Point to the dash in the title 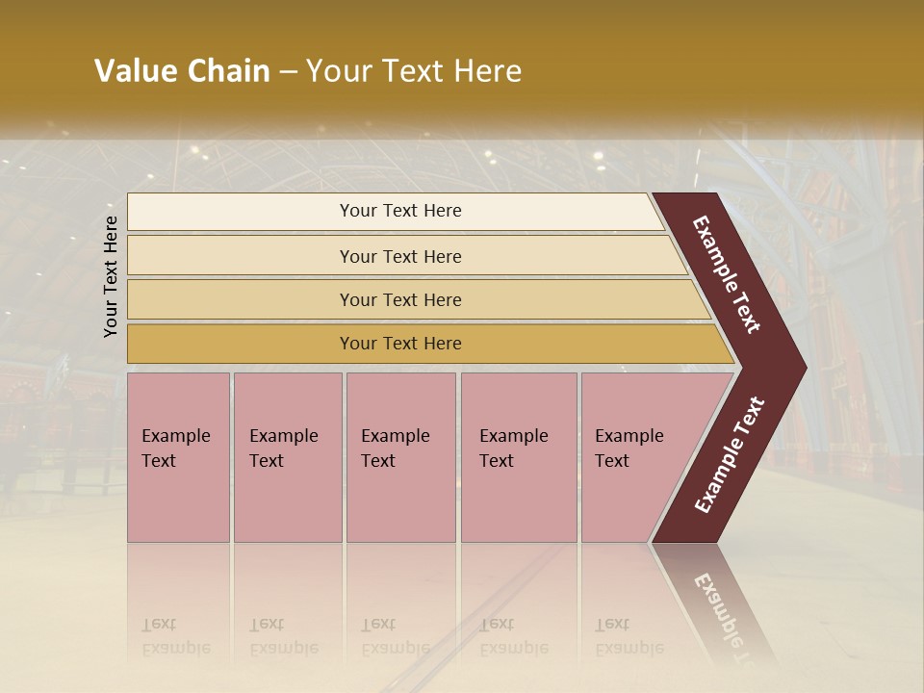288,72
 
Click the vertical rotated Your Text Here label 111,276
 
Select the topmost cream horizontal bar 395,212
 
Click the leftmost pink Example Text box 178,457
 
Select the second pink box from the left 287,457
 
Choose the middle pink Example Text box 400,457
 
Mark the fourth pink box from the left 519,457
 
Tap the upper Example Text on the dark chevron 727,274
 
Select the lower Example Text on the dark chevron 730,455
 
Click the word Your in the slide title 338,71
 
